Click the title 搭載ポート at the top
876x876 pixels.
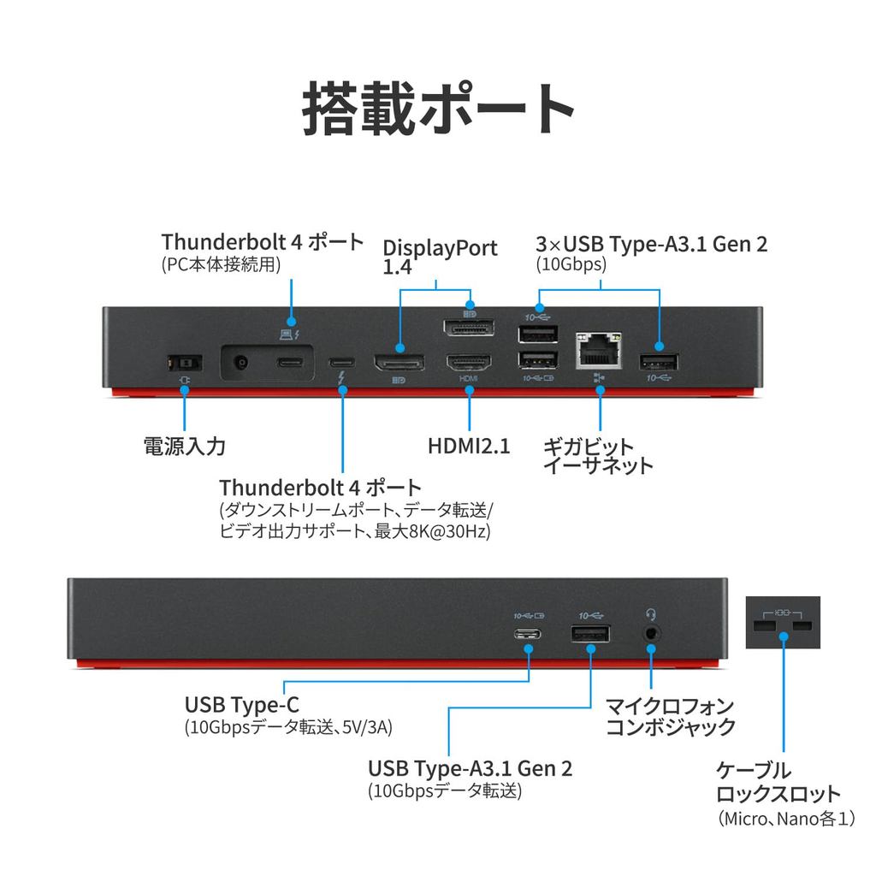(437, 109)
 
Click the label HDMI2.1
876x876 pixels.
(469, 446)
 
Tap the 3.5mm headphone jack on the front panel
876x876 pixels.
(652, 634)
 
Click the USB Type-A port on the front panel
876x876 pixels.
(590, 634)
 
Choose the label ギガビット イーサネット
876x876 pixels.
(598, 456)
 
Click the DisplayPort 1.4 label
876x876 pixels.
(439, 256)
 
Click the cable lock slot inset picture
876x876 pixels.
(783, 623)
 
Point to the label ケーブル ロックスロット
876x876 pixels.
(778, 781)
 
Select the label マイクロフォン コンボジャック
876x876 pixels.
(671, 717)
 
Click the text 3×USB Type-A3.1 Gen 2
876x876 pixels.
(652, 244)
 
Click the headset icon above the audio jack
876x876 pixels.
(652, 613)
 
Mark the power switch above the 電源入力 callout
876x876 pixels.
(183, 363)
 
